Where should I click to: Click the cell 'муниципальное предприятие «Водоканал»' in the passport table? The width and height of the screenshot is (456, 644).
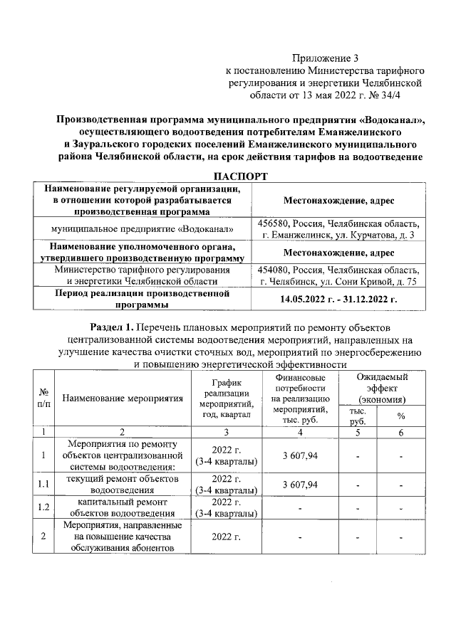(x=142, y=230)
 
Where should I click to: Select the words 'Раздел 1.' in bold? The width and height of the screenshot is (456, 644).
(x=115, y=327)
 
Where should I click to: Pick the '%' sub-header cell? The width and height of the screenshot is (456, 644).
(x=400, y=416)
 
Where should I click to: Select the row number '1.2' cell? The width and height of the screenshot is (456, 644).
(x=44, y=507)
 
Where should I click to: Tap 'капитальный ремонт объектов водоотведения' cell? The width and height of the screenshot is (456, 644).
(x=122, y=507)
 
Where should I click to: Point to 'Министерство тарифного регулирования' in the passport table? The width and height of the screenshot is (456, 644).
(x=142, y=270)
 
